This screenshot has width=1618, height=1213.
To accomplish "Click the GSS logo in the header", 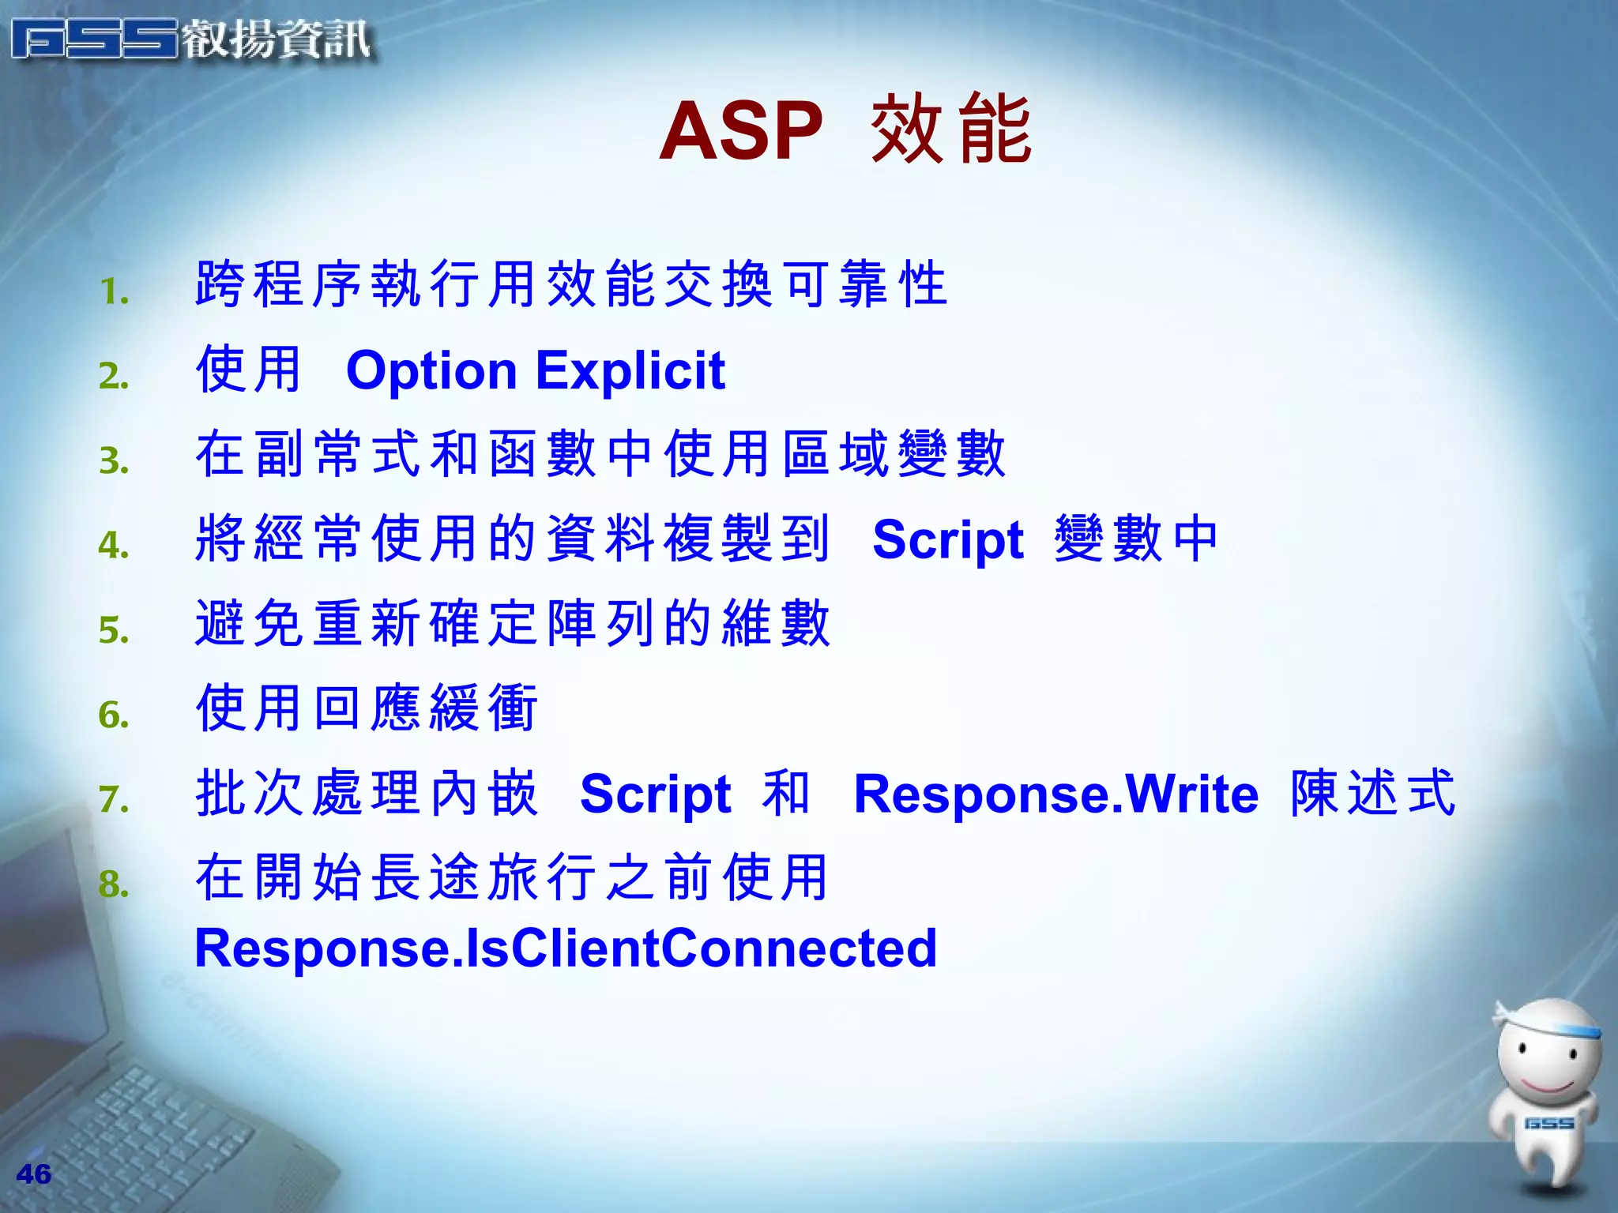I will point(95,39).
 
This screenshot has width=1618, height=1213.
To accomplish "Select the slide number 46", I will point(33,1174).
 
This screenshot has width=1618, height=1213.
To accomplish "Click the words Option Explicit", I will point(535,370).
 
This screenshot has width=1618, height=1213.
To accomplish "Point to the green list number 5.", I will point(114,630).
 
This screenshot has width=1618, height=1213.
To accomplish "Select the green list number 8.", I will point(114,884).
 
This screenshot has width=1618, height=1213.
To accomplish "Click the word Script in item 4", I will point(947,541).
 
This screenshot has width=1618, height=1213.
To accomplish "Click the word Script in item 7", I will point(655,794).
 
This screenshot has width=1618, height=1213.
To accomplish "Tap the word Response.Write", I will point(1055,794).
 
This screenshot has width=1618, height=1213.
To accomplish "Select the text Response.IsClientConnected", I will point(566,948).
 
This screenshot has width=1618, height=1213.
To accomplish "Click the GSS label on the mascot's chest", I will point(1548,1123).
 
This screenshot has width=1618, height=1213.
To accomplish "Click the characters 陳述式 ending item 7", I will point(1372,793).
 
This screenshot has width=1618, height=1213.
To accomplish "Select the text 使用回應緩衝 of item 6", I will point(367,708).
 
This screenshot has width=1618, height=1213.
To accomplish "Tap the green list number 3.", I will point(114,460).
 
